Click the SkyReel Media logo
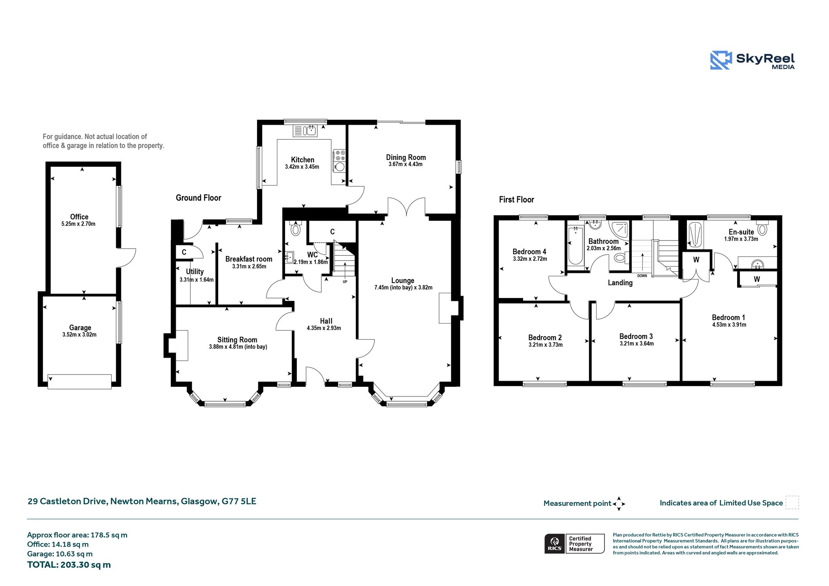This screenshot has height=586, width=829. tap(752, 60)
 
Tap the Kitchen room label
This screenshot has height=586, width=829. tap(302, 160)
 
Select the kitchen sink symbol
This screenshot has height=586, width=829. tap(305, 130)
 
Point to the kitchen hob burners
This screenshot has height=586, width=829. tap(339, 155)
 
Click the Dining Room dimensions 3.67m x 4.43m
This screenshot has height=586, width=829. tap(405, 164)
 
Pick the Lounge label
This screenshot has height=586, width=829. tap(403, 281)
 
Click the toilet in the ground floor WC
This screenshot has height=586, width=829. tap(295, 229)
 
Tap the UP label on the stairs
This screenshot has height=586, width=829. tap(345, 282)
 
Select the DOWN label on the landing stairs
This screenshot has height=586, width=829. tap(642, 276)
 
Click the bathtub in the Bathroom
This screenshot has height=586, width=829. tap(575, 246)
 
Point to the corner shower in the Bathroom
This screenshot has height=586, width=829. tap(619, 230)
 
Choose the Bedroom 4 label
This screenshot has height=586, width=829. tap(529, 251)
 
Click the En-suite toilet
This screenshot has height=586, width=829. tap(762, 228)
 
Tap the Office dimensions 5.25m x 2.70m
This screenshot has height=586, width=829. tap(79, 224)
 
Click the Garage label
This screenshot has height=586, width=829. tap(80, 328)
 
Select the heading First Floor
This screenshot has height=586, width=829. tap(517, 200)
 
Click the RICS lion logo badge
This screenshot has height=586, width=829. tap(555, 543)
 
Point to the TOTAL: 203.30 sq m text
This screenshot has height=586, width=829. tap(69, 565)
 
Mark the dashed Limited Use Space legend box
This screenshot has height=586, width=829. tap(792, 502)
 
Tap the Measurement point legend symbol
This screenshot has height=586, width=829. tap(619, 504)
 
